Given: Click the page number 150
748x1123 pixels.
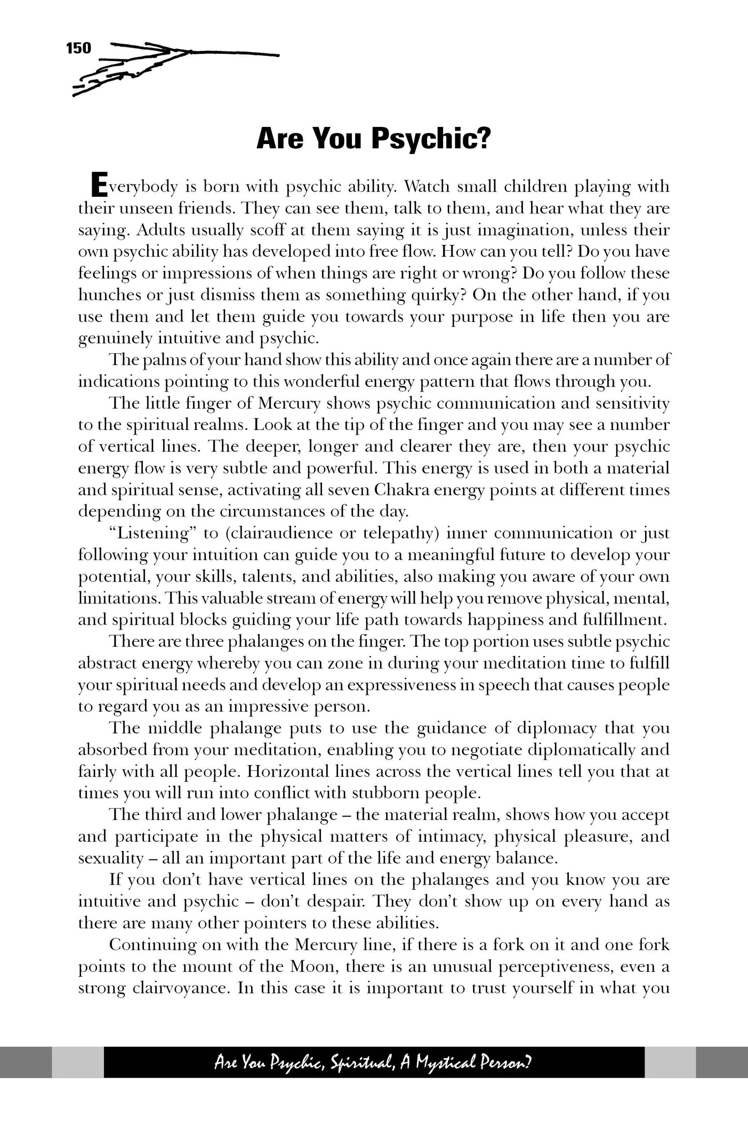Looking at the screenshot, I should [79, 48].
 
